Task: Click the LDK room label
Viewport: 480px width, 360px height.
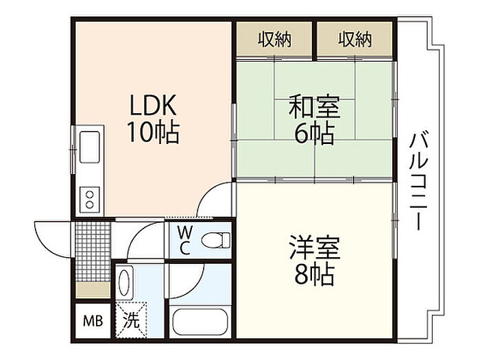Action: (153, 105)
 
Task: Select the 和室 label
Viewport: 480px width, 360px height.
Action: (314, 107)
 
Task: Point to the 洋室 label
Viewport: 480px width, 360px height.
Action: (314, 247)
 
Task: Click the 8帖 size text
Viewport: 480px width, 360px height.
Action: (314, 274)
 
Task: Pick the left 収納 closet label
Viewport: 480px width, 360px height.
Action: (274, 39)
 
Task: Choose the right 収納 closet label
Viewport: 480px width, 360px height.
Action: (355, 39)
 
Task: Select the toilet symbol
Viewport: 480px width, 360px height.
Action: (216, 240)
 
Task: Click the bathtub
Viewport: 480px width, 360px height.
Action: (200, 322)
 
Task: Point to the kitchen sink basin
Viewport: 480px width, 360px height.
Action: (89, 147)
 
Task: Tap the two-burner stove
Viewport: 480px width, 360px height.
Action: (89, 200)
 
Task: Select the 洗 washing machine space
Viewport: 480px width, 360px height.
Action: (132, 320)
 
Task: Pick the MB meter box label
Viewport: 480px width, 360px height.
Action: (93, 321)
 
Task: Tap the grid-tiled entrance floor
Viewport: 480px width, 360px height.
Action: (93, 252)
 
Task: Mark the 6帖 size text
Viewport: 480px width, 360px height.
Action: (314, 134)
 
